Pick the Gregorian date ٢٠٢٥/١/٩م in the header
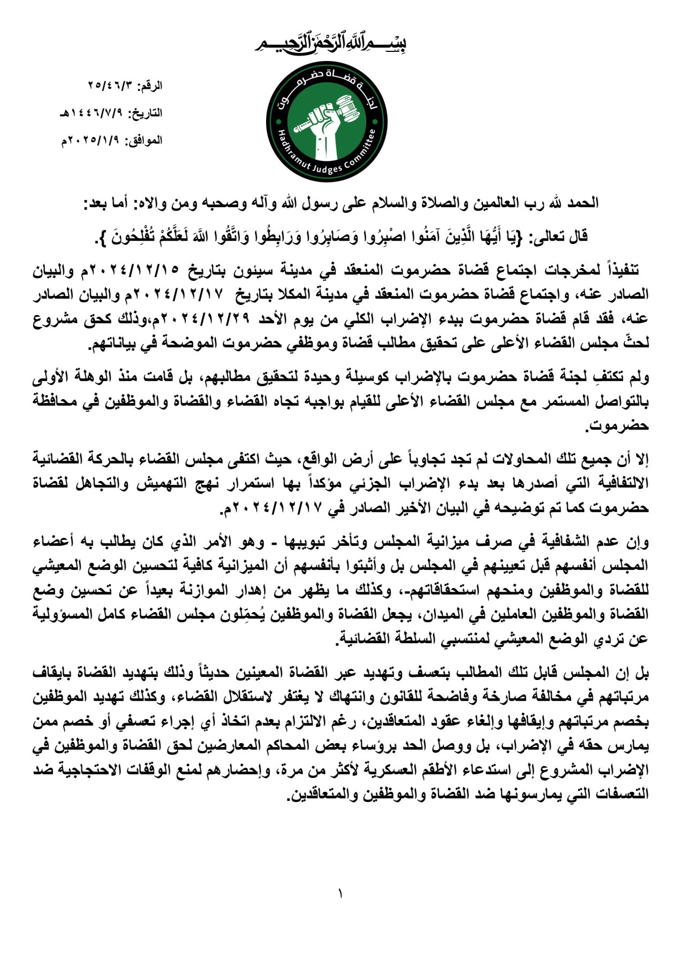[92, 141]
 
